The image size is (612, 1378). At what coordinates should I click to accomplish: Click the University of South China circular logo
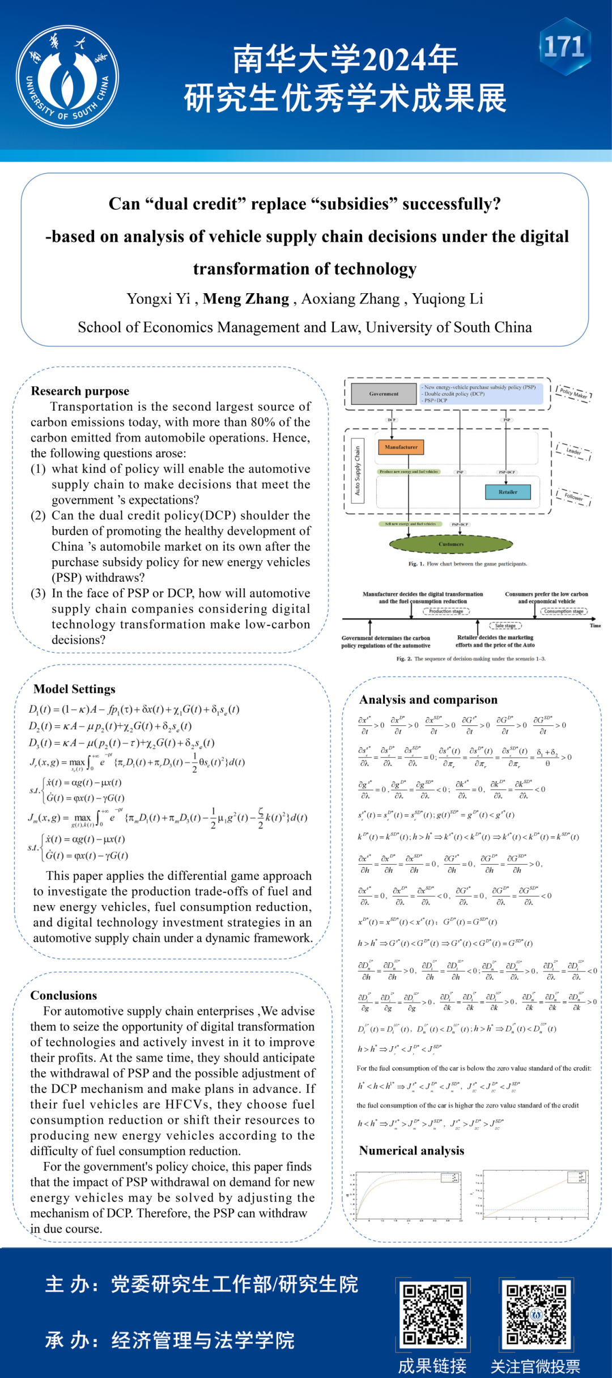(67, 77)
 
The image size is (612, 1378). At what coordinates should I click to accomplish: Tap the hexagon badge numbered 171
(564, 47)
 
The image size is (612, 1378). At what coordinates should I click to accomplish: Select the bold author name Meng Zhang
(246, 299)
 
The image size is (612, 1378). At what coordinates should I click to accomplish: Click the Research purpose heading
(80, 391)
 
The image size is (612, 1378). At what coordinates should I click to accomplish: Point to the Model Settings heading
(74, 689)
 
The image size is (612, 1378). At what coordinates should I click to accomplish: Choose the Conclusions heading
(63, 995)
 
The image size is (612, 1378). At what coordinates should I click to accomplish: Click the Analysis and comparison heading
(428, 700)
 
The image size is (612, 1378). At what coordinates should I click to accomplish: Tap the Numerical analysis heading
(411, 1151)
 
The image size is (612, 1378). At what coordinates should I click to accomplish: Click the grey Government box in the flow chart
(384, 394)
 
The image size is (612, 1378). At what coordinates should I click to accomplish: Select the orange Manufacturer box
(401, 447)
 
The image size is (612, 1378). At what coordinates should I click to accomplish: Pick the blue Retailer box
(508, 492)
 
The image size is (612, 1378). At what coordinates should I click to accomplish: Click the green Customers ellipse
(451, 544)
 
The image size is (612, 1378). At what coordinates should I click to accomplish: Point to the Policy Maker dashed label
(573, 393)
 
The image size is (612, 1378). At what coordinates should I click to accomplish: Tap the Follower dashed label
(573, 497)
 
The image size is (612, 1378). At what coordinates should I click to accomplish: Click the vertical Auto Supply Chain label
(358, 471)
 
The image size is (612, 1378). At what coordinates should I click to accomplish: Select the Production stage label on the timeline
(446, 611)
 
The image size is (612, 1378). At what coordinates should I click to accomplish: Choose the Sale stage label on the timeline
(505, 625)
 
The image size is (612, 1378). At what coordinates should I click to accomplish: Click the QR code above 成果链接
(433, 1315)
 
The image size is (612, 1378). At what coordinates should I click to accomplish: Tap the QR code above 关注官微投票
(535, 1315)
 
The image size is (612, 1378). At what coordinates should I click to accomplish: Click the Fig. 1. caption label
(413, 564)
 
